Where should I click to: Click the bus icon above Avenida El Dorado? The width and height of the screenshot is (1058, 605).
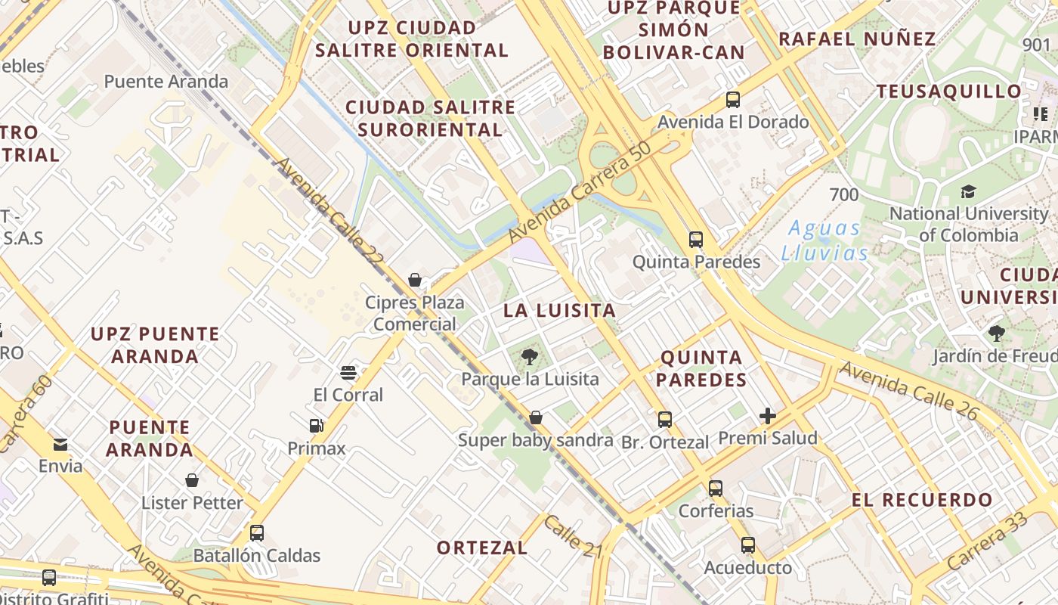tap(732, 99)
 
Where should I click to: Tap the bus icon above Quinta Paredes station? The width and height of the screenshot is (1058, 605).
tap(695, 240)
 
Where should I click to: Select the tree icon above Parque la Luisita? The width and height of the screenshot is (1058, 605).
tap(529, 356)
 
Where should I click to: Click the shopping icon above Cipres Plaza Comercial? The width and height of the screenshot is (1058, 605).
tap(414, 281)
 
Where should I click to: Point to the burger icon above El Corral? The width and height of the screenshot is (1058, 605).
tap(348, 372)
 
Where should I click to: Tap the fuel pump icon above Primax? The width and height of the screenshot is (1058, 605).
tap(316, 426)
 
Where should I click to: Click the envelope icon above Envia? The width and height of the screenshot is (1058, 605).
tap(60, 444)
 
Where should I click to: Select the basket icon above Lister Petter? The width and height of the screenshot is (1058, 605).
tap(192, 480)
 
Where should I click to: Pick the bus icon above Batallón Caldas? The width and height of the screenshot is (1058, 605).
tap(256, 532)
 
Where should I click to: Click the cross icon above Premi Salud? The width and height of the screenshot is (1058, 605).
tap(768, 415)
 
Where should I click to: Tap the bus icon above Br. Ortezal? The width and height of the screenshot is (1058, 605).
tap(664, 420)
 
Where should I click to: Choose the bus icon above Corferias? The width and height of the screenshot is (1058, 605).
tap(715, 488)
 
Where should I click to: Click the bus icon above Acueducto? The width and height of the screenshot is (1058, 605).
tap(747, 544)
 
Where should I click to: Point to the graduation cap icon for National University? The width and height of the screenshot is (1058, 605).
tap(967, 191)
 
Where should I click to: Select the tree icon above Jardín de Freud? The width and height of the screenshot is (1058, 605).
tap(996, 333)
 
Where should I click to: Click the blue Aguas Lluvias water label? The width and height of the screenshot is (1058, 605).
tap(824, 240)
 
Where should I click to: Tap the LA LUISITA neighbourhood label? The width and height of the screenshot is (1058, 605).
tap(559, 310)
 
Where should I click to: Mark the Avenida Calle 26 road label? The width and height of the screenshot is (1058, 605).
tap(909, 391)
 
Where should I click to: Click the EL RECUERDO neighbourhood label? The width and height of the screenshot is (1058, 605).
tap(922, 500)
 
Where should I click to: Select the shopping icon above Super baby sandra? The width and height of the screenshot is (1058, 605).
tap(535, 417)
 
